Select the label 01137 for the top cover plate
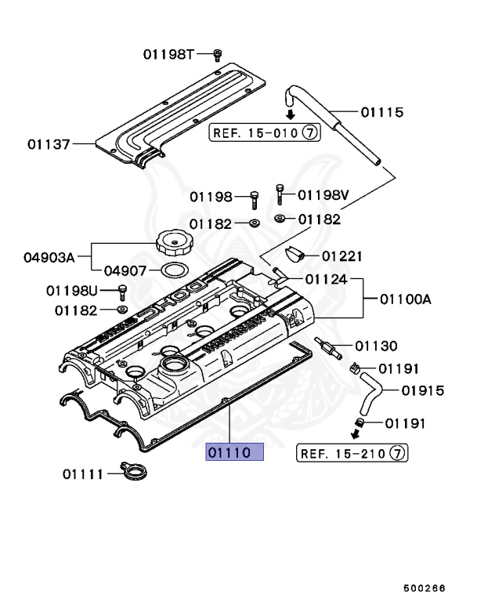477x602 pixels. [49, 144]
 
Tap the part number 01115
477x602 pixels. [381, 112]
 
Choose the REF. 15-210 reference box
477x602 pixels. [352, 452]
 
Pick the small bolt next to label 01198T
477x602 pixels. [218, 54]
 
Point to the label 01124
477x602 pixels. [327, 278]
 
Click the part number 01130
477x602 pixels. [376, 346]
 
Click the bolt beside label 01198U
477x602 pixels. [122, 292]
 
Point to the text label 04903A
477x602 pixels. [49, 256]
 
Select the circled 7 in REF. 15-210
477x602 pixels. [397, 452]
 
